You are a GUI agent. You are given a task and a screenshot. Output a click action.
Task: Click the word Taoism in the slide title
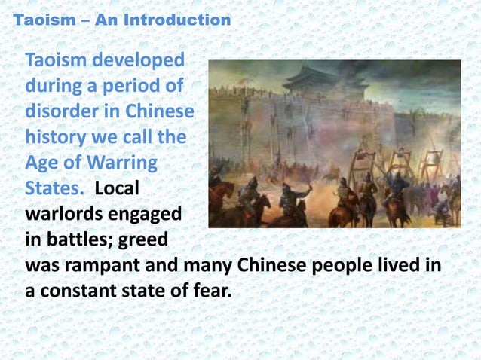38,20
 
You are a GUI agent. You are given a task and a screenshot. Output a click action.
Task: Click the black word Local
118,189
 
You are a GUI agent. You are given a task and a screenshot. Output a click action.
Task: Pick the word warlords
65,215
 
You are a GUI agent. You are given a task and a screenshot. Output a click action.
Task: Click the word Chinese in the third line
158,112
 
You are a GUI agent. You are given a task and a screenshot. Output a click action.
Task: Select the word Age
42,163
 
